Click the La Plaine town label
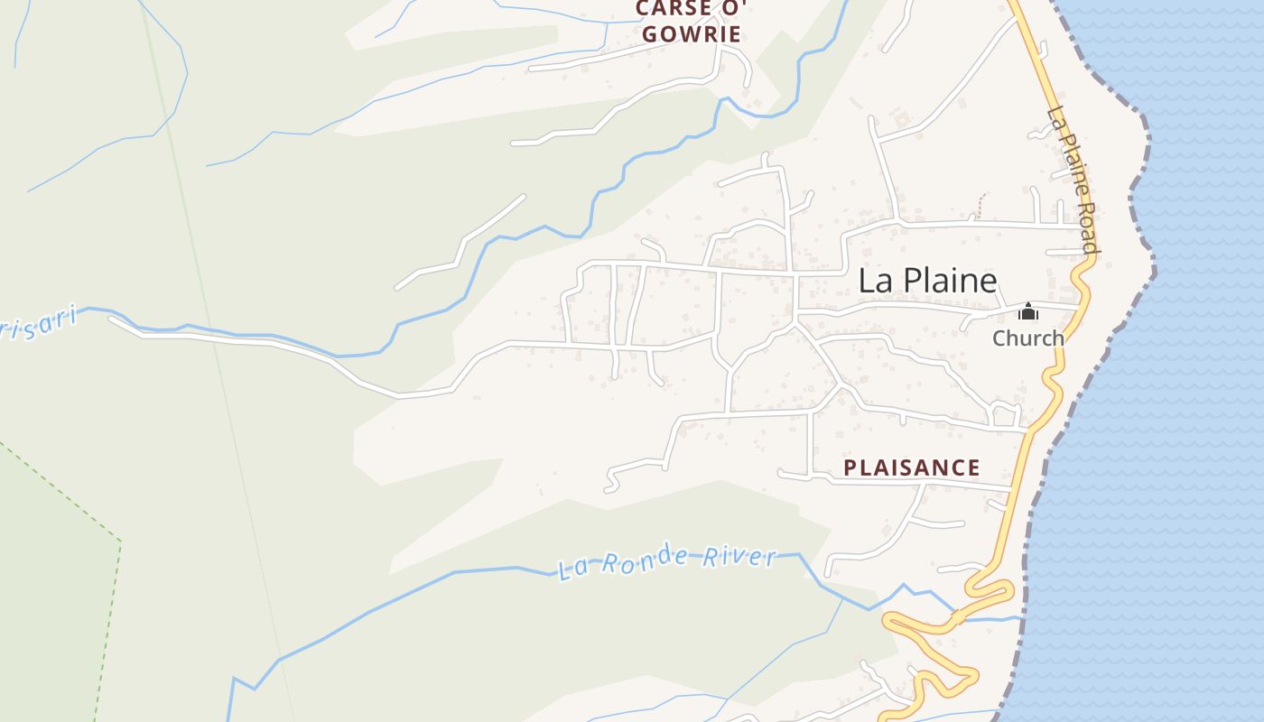pyautogui.click(x=927, y=281)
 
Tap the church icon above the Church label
pyautogui.click(x=1027, y=312)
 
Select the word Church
pyautogui.click(x=1028, y=338)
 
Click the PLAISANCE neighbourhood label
pyautogui.click(x=911, y=467)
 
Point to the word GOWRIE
pyautogui.click(x=692, y=35)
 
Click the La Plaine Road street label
pyautogui.click(x=1073, y=180)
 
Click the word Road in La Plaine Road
pyautogui.click(x=1087, y=227)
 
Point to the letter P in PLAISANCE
pyautogui.click(x=850, y=467)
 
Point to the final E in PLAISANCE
pyautogui.click(x=973, y=467)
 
